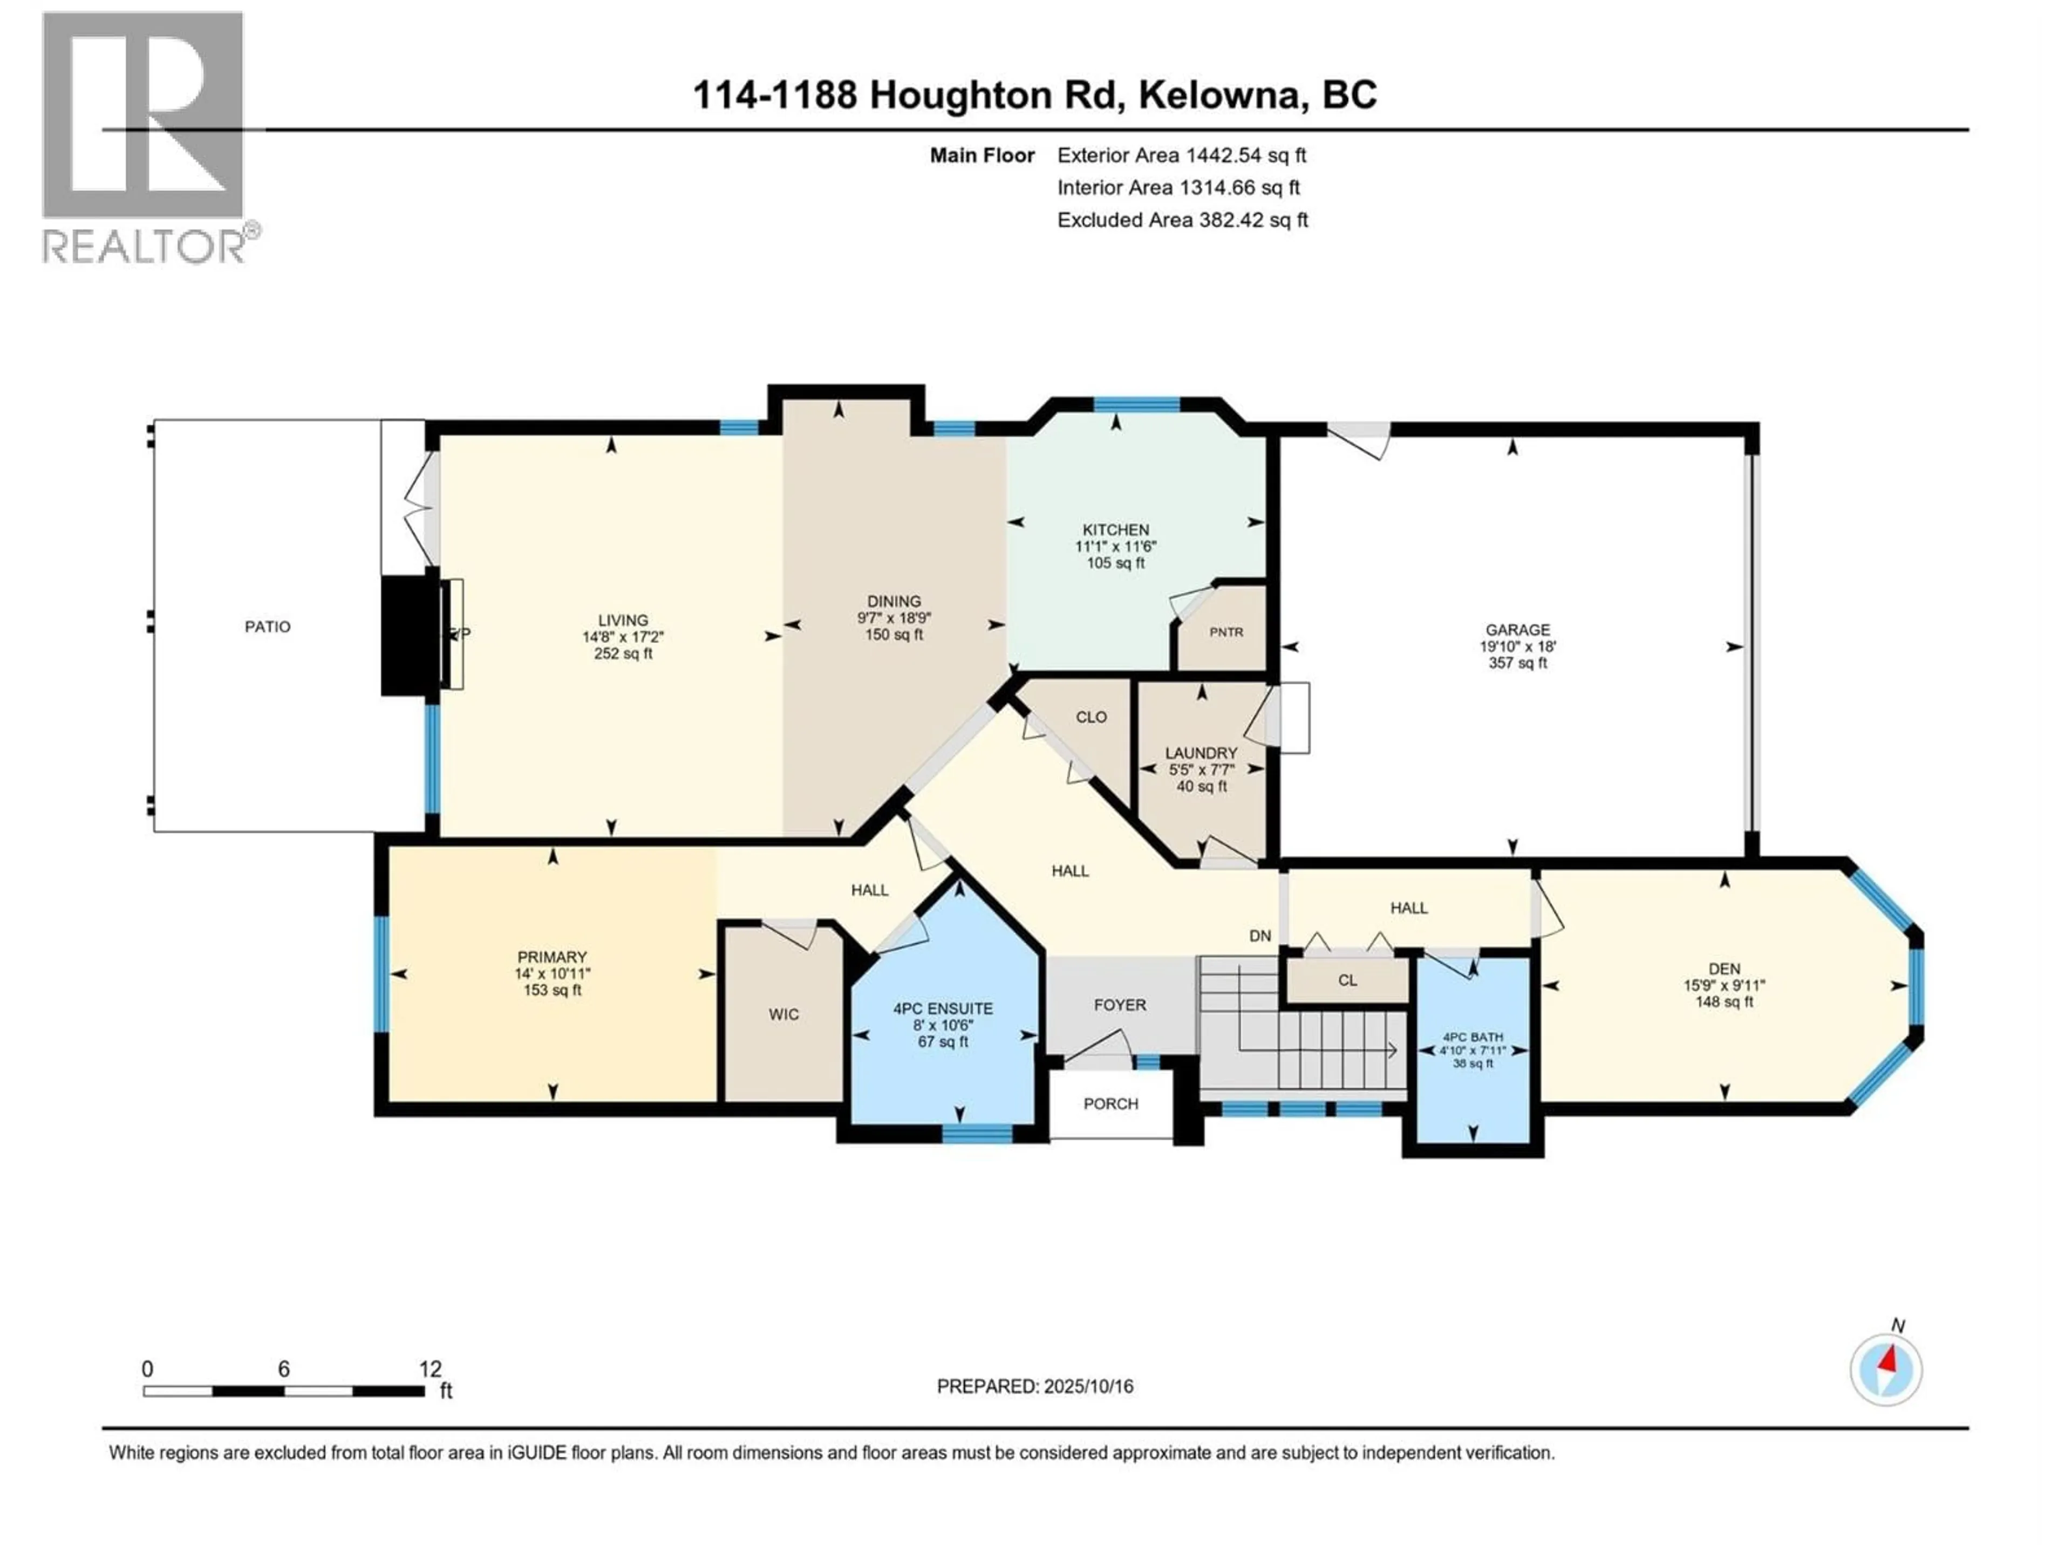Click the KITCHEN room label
pyautogui.click(x=1116, y=529)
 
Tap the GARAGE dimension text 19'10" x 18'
pyautogui.click(x=1517, y=646)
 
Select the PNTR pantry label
pyautogui.click(x=1226, y=632)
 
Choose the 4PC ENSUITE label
pyautogui.click(x=942, y=1009)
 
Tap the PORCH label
pyautogui.click(x=1111, y=1103)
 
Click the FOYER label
pyautogui.click(x=1120, y=1005)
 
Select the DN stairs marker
pyautogui.click(x=1260, y=936)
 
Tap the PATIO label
pyautogui.click(x=268, y=626)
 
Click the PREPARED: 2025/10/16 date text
pyautogui.click(x=1035, y=1386)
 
